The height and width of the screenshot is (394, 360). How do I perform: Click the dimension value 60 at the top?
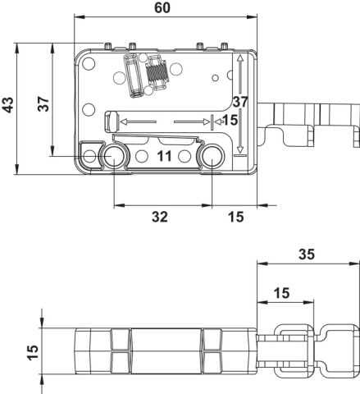162,8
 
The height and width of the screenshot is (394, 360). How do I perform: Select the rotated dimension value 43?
7,105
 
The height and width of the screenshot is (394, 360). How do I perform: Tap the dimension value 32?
160,217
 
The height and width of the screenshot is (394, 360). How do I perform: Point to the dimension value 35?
307,254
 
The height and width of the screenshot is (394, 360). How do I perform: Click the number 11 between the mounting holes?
164,157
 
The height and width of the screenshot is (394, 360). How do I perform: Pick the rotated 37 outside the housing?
43,103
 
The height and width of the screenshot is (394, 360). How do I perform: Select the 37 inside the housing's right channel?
240,102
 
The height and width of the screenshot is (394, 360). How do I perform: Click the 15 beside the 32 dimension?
235,217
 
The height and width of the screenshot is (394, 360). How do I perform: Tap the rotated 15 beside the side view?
33,352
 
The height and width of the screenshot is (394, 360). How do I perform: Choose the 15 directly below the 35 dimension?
281,293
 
